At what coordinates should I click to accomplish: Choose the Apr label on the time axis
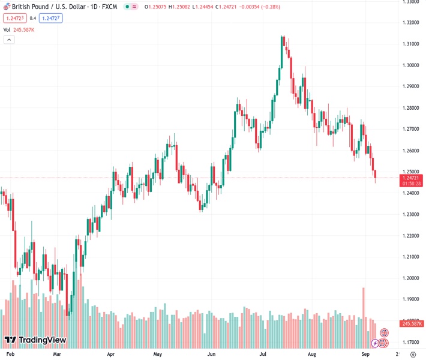click(x=110, y=355)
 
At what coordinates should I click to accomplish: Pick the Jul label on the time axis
click(x=263, y=355)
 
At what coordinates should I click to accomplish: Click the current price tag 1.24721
click(x=411, y=178)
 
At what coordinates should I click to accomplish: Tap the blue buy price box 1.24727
click(x=50, y=18)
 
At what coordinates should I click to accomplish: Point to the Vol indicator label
click(x=7, y=29)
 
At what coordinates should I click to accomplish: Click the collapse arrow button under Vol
click(x=9, y=40)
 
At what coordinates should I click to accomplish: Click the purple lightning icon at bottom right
click(x=375, y=343)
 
